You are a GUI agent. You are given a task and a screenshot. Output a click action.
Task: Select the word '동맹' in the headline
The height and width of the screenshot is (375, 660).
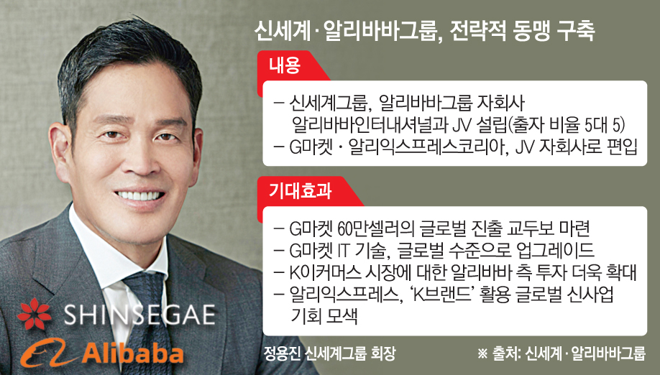pyautogui.click(x=531, y=30)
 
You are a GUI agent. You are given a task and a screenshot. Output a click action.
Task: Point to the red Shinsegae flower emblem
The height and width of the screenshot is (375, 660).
pyautogui.click(x=35, y=314)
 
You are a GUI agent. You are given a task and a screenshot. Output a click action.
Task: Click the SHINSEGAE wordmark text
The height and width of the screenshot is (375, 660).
pyautogui.click(x=139, y=315)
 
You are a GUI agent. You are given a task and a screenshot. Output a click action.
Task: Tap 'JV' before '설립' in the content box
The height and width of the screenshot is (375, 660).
pyautogui.click(x=461, y=125)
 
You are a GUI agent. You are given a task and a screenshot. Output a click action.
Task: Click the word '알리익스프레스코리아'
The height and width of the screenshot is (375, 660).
pyautogui.click(x=426, y=147)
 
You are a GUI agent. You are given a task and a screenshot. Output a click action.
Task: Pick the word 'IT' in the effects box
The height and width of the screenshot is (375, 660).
pyautogui.click(x=344, y=251)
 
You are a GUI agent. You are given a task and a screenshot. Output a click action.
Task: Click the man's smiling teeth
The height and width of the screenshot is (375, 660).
pyautogui.click(x=139, y=195)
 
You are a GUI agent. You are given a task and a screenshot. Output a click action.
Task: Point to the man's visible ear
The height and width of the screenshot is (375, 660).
pyautogui.click(x=60, y=152)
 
